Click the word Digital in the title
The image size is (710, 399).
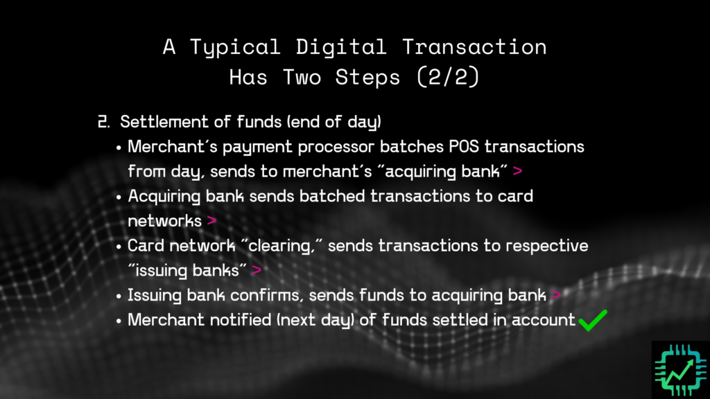tap(336, 47)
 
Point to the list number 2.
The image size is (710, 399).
tap(103, 122)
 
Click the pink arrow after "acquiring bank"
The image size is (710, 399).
tap(518, 171)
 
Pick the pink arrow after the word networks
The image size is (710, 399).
tap(211, 221)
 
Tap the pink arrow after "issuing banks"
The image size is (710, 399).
tap(257, 270)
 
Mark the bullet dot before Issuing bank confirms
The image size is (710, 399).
tap(119, 296)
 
